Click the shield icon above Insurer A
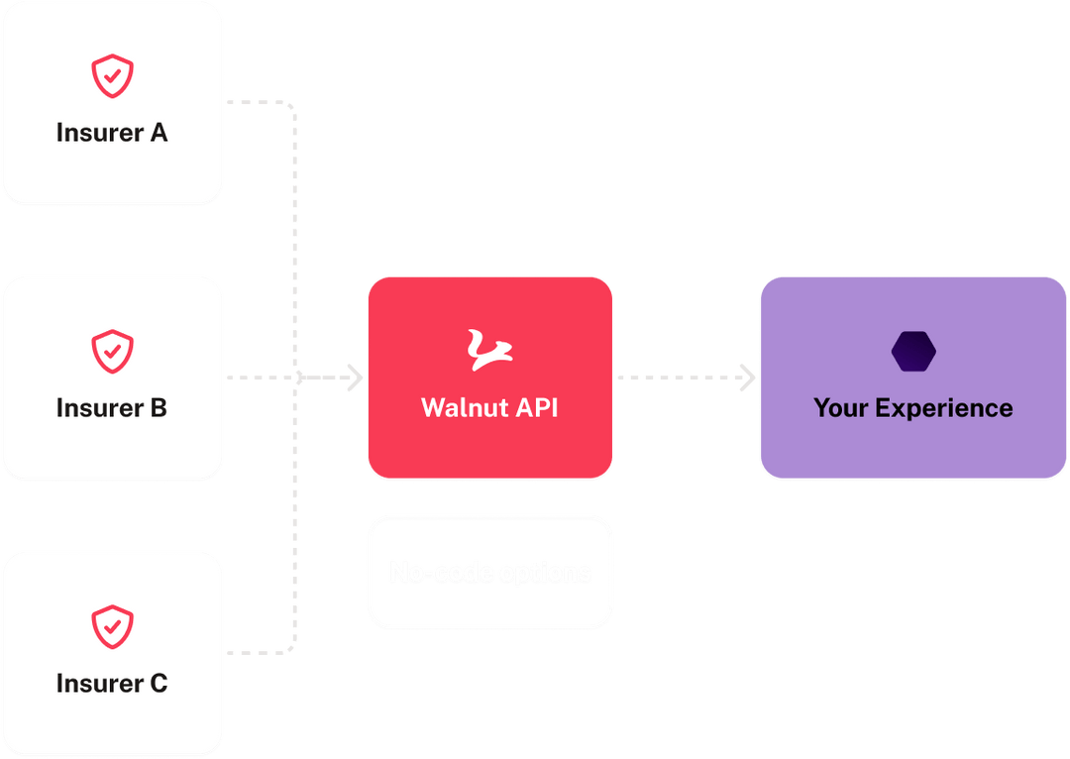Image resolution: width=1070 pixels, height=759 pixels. [x=112, y=76]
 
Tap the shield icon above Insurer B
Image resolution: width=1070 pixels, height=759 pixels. [x=112, y=351]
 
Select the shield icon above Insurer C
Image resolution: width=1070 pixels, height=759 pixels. [x=112, y=626]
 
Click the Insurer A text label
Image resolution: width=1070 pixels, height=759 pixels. [x=112, y=133]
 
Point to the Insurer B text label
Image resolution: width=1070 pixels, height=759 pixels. [x=112, y=407]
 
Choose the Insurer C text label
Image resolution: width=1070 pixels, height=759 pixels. [x=112, y=683]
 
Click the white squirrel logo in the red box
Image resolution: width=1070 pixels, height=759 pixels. [x=489, y=351]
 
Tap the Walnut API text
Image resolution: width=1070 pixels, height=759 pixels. [x=489, y=407]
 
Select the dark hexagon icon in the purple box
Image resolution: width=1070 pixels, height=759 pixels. [x=913, y=352]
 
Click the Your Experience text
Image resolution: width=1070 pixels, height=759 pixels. [x=913, y=407]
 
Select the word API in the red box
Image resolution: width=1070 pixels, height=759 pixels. [x=536, y=407]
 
